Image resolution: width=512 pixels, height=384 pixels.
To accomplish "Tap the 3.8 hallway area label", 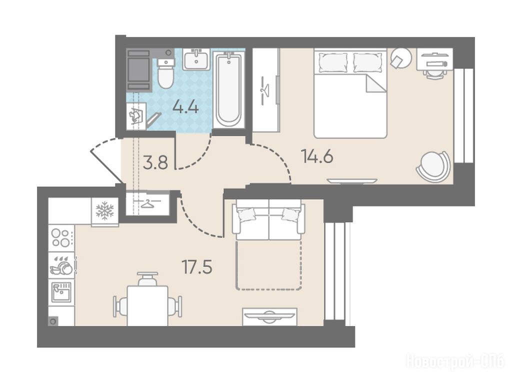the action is click(x=155, y=162).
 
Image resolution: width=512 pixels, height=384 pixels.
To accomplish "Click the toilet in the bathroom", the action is click(x=165, y=73).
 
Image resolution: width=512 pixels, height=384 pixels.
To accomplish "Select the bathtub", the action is click(x=228, y=90).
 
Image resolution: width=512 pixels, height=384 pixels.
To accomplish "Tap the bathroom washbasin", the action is click(x=196, y=59).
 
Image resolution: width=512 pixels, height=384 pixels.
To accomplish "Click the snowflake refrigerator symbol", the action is click(x=104, y=210).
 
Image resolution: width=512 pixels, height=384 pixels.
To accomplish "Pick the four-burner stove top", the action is click(x=61, y=237).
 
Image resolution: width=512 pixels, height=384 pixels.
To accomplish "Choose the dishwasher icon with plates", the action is click(x=61, y=265).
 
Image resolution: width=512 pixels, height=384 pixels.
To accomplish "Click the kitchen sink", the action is click(x=61, y=292).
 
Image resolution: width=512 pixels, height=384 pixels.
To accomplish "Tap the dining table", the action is click(x=147, y=305).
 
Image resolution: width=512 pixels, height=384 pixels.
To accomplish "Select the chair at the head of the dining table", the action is click(x=147, y=279).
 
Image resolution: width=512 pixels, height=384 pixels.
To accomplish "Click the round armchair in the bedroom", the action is click(x=433, y=166).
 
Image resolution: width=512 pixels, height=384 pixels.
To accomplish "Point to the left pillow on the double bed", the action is click(x=333, y=62).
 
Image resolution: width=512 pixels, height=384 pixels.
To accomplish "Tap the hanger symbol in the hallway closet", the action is click(x=148, y=204).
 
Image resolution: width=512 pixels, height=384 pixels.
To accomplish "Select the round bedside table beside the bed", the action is click(x=401, y=58).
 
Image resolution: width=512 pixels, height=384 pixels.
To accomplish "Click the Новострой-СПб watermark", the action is click(x=455, y=362).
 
